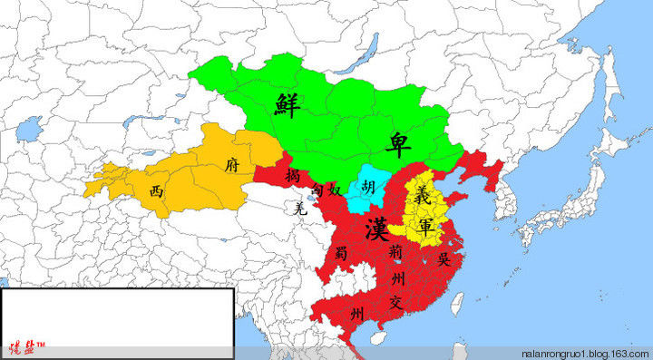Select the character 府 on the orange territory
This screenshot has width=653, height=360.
click(x=231, y=166)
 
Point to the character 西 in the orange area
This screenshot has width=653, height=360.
click(x=157, y=191)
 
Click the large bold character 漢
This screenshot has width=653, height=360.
click(x=377, y=228)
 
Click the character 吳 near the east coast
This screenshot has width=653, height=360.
click(x=443, y=258)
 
